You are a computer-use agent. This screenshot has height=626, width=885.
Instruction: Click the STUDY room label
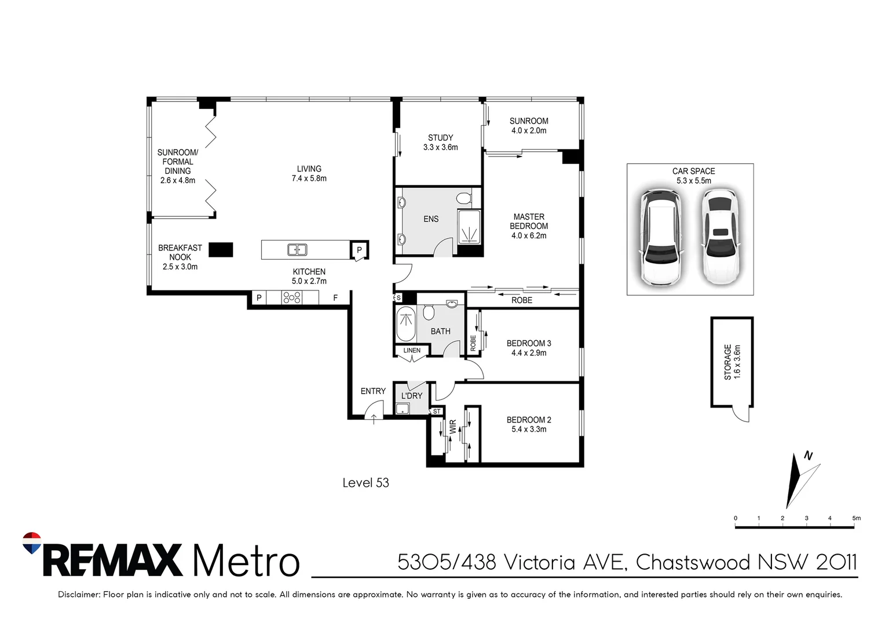point(440,137)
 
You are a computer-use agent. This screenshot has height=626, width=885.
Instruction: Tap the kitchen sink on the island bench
point(297,250)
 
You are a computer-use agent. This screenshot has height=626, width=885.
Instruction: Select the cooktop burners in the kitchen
point(291,297)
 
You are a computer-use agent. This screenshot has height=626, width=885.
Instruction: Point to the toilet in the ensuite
point(464,198)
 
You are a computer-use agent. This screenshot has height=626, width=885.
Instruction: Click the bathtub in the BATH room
point(405,323)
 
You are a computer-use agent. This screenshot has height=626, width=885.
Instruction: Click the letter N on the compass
point(808,456)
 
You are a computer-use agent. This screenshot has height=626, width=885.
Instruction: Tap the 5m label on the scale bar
point(856,518)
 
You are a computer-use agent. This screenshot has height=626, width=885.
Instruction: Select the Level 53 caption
point(365,482)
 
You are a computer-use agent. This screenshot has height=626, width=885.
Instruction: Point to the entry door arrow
point(374,419)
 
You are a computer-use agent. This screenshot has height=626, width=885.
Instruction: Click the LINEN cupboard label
point(412,350)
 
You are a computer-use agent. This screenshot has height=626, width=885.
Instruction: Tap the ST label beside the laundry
point(437,412)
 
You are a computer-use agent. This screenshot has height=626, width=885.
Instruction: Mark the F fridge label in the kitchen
point(335,298)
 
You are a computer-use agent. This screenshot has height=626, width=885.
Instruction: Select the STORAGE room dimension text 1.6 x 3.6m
point(737,362)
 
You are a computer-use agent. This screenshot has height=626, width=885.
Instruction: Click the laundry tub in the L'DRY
point(402,409)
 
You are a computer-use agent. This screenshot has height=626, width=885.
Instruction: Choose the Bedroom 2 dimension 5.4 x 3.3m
point(529,429)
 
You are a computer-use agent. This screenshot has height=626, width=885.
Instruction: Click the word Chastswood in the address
point(693,562)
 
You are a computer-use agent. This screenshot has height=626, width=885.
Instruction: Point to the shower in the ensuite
point(469,228)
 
